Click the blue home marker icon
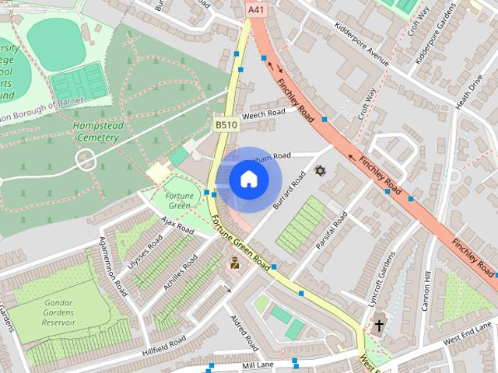pyautogui.click(x=247, y=179)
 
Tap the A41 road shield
pyautogui.click(x=254, y=9)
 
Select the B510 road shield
pyautogui.click(x=226, y=124)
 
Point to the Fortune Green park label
pyautogui.click(x=178, y=200)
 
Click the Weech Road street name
pyautogui.click(x=263, y=114)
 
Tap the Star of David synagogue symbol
pyautogui.click(x=317, y=170)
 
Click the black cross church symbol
pyautogui.click(x=379, y=325)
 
